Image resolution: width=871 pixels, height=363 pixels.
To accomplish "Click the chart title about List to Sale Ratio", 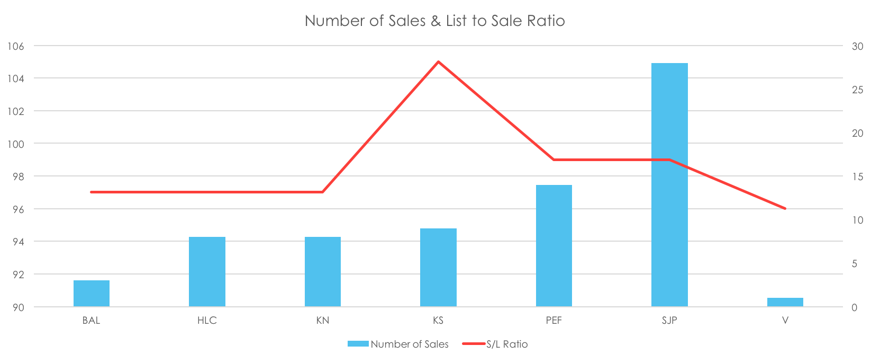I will pos(434,21).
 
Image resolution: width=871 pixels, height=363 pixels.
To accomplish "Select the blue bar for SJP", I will pos(669,185).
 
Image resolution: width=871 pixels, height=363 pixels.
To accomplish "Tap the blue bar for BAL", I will pos(91,294).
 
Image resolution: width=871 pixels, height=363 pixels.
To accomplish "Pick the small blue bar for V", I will pos(785,302).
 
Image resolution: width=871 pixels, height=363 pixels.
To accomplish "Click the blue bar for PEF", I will pos(554,246).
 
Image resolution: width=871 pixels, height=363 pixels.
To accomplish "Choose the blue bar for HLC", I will pos(207,272).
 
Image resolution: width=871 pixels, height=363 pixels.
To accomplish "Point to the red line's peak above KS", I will pos(438,61).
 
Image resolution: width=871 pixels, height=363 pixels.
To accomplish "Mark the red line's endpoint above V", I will pos(785,209).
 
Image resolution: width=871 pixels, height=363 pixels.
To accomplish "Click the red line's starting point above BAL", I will pos(91,192).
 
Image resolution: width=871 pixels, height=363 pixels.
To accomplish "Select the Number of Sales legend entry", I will pos(398,344).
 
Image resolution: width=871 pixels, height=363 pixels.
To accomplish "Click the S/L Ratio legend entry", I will pos(495,344).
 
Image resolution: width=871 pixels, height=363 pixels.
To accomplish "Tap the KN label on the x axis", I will pos(322,321).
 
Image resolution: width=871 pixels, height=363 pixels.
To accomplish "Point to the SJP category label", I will pos(669,321).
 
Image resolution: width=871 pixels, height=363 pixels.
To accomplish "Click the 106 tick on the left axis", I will pos(15,46).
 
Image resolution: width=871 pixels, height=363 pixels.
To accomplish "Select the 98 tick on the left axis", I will pos(18,176).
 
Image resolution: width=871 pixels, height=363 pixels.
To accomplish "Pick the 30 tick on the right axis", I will pos(857,47).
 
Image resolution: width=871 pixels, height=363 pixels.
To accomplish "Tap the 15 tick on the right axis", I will pos(857,177).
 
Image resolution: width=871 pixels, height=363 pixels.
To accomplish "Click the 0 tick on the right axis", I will pos(854,307).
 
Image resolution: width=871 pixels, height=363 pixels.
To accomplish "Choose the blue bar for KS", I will pos(438,268).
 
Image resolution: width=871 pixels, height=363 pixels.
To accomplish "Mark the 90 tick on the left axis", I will pos(18,307).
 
